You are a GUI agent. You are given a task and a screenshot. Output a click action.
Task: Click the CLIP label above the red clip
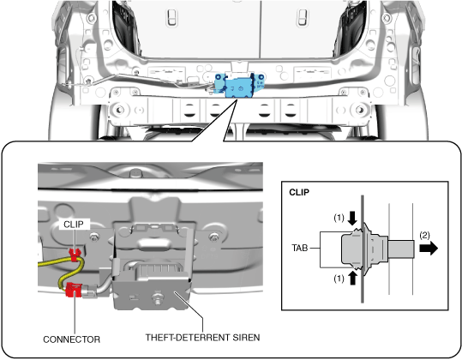[x=74, y=225]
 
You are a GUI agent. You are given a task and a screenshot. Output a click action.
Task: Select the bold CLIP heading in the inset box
[x=299, y=192]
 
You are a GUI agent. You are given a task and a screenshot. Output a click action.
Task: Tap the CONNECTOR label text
[x=72, y=339]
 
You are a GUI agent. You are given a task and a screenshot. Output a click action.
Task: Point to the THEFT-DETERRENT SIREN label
[x=202, y=338]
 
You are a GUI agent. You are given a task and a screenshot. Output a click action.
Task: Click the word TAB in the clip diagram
[x=300, y=248]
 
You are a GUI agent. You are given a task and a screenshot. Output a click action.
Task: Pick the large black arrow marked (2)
[x=429, y=248]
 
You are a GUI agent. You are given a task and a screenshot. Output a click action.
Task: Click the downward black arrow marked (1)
[x=352, y=219]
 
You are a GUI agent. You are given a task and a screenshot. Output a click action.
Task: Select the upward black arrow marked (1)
[x=352, y=278]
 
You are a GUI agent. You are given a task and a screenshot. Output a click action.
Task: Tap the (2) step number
[x=424, y=235]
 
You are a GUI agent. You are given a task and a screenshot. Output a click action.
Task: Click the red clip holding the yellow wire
[x=75, y=255]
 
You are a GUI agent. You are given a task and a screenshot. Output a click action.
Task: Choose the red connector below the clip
[x=74, y=290]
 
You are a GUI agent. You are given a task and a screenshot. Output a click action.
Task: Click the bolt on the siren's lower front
[x=157, y=297]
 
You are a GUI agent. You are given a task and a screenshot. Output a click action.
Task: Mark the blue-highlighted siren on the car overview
[x=239, y=87]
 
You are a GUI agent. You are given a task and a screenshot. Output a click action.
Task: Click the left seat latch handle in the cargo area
[x=171, y=18]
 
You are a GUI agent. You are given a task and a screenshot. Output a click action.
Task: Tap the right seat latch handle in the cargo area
[x=303, y=18]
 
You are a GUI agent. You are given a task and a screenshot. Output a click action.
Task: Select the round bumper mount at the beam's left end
[x=119, y=111]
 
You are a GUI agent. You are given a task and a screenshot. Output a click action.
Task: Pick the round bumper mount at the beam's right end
[x=359, y=111]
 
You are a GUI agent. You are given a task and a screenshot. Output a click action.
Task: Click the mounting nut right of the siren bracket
[x=213, y=237]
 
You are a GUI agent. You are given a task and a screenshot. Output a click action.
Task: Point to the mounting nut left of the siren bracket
[x=94, y=237]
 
